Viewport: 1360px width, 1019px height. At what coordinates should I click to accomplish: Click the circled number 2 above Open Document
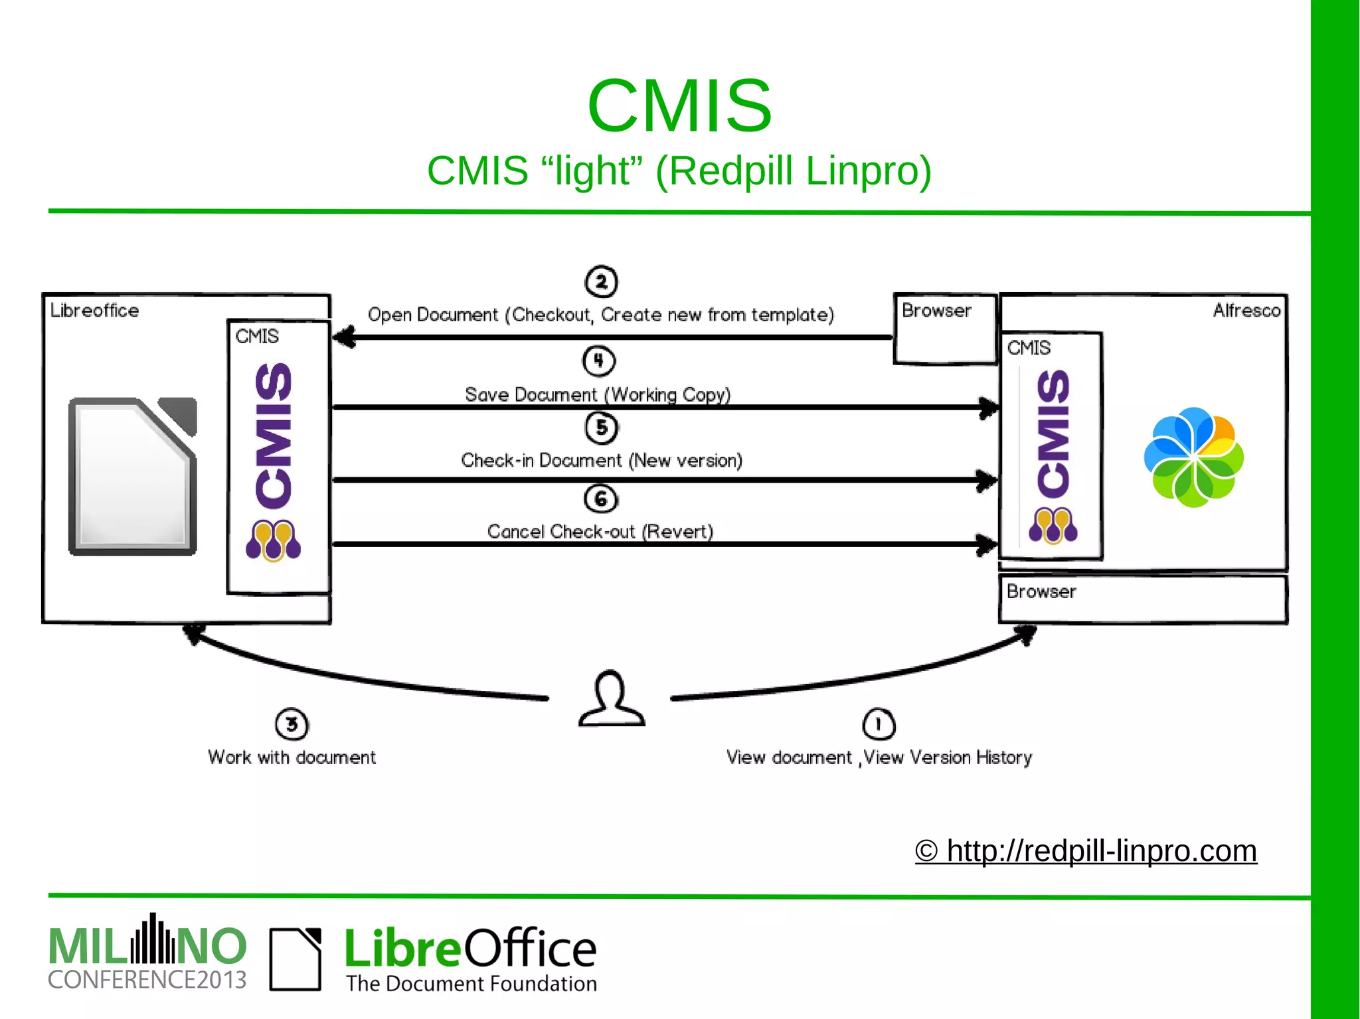point(601,282)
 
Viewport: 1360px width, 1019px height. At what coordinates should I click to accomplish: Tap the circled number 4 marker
point(598,360)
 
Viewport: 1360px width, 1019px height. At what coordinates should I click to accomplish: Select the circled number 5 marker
point(601,428)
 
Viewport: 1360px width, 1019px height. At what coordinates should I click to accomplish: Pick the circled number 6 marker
point(601,499)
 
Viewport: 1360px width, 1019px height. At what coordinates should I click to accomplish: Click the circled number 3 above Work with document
point(292,724)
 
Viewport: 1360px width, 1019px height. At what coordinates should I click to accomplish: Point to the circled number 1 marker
point(879,724)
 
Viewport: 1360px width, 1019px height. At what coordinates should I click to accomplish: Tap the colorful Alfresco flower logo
point(1193,457)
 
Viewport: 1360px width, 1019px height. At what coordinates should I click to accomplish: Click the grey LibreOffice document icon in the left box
point(133,476)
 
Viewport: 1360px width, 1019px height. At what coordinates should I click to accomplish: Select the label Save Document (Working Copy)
point(598,394)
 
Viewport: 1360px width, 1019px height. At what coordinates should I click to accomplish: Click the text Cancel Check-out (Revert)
point(600,531)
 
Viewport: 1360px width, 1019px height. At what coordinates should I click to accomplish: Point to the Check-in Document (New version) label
point(601,460)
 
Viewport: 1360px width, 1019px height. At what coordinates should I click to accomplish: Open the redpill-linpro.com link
point(1086,851)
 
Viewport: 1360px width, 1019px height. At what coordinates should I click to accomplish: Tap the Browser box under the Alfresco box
point(1142,599)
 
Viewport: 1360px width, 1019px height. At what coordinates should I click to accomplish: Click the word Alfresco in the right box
point(1246,310)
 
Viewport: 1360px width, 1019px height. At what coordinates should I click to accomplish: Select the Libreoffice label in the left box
point(94,310)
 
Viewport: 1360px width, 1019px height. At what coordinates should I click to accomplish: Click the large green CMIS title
point(679,106)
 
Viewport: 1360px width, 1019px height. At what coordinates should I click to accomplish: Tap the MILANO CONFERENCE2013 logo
point(147,954)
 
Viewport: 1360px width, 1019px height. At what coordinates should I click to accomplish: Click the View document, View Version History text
point(879,757)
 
